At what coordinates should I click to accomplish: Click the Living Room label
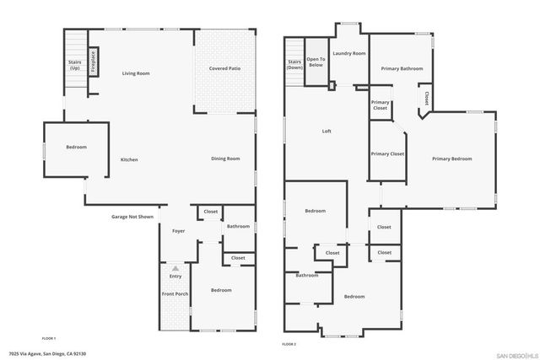pyautogui.click(x=135, y=74)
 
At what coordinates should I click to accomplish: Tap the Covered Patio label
pyautogui.click(x=224, y=67)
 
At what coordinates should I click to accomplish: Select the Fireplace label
pyautogui.click(x=93, y=62)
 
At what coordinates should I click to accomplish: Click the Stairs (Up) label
pyautogui.click(x=74, y=64)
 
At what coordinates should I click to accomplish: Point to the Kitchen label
pyautogui.click(x=129, y=159)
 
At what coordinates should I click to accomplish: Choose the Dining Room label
pyautogui.click(x=225, y=159)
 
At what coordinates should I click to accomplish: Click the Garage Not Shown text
pyautogui.click(x=132, y=217)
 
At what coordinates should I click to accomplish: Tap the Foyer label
pyautogui.click(x=178, y=231)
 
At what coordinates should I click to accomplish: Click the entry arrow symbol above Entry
pyautogui.click(x=175, y=267)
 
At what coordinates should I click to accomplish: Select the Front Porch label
pyautogui.click(x=175, y=293)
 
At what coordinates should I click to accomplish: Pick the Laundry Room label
pyautogui.click(x=348, y=53)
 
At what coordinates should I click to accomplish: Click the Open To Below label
pyautogui.click(x=316, y=62)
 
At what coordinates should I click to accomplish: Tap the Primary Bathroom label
pyautogui.click(x=402, y=68)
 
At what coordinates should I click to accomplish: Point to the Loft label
pyautogui.click(x=327, y=131)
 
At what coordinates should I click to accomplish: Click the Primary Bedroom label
pyautogui.click(x=451, y=159)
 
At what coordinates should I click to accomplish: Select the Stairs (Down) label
pyautogui.click(x=294, y=64)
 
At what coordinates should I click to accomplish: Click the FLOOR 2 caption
pyautogui.click(x=289, y=344)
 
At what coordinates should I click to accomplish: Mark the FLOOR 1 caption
pyautogui.click(x=48, y=338)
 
